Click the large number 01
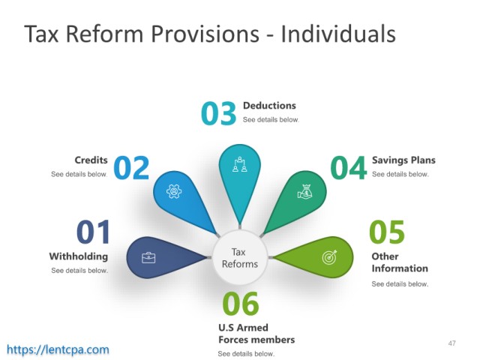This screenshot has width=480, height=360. (x=93, y=232)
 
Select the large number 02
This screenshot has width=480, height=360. (x=131, y=167)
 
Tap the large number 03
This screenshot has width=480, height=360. (x=218, y=113)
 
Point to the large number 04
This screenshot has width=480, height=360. (x=348, y=167)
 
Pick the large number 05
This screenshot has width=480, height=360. (x=387, y=232)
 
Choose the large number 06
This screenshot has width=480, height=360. (x=241, y=303)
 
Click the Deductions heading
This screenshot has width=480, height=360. (x=269, y=106)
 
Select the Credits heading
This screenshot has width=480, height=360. (x=91, y=160)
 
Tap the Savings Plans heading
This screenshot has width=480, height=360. (x=403, y=160)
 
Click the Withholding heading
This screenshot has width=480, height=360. (x=79, y=256)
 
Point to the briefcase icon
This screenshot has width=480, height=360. (x=148, y=258)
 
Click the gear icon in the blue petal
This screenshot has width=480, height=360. (x=174, y=191)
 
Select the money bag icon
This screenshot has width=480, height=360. (x=305, y=192)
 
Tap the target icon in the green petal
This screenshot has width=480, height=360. (x=330, y=257)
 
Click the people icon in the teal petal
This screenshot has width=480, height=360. (x=240, y=164)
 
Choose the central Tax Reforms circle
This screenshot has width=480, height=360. (x=240, y=258)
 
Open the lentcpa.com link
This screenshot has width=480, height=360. (x=58, y=349)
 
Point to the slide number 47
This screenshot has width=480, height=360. (x=451, y=343)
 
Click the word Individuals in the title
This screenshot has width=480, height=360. (x=338, y=33)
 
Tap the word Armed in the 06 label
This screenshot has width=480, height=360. (x=253, y=328)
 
